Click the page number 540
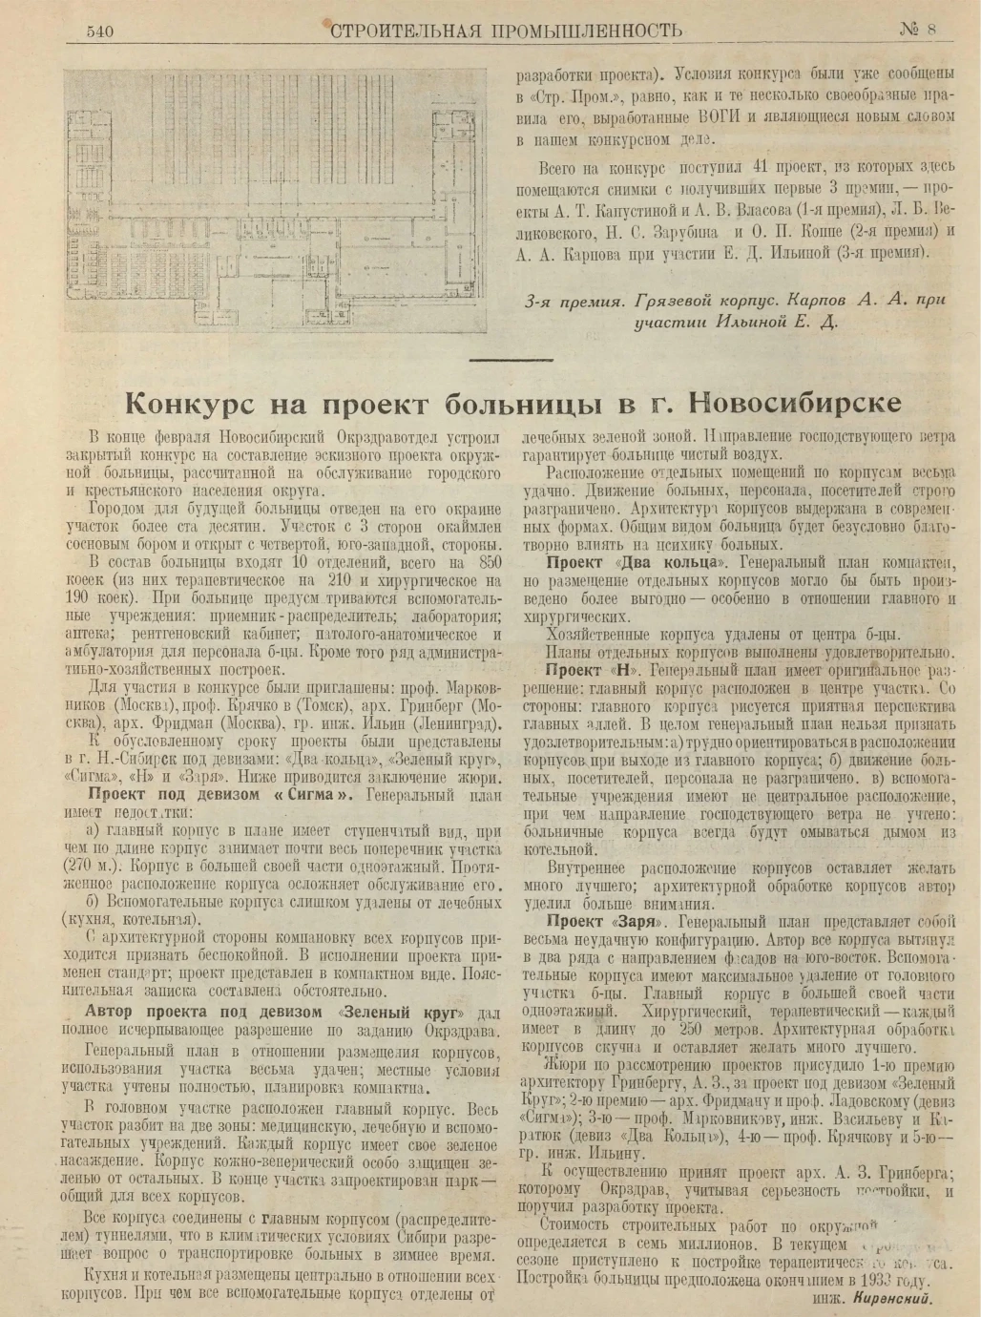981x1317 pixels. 99,31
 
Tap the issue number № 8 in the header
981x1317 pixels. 917,29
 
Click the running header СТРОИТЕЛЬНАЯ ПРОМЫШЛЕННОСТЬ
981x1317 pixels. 506,30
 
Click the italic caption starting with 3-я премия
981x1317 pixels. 735,310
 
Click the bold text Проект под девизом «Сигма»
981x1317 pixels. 221,795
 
